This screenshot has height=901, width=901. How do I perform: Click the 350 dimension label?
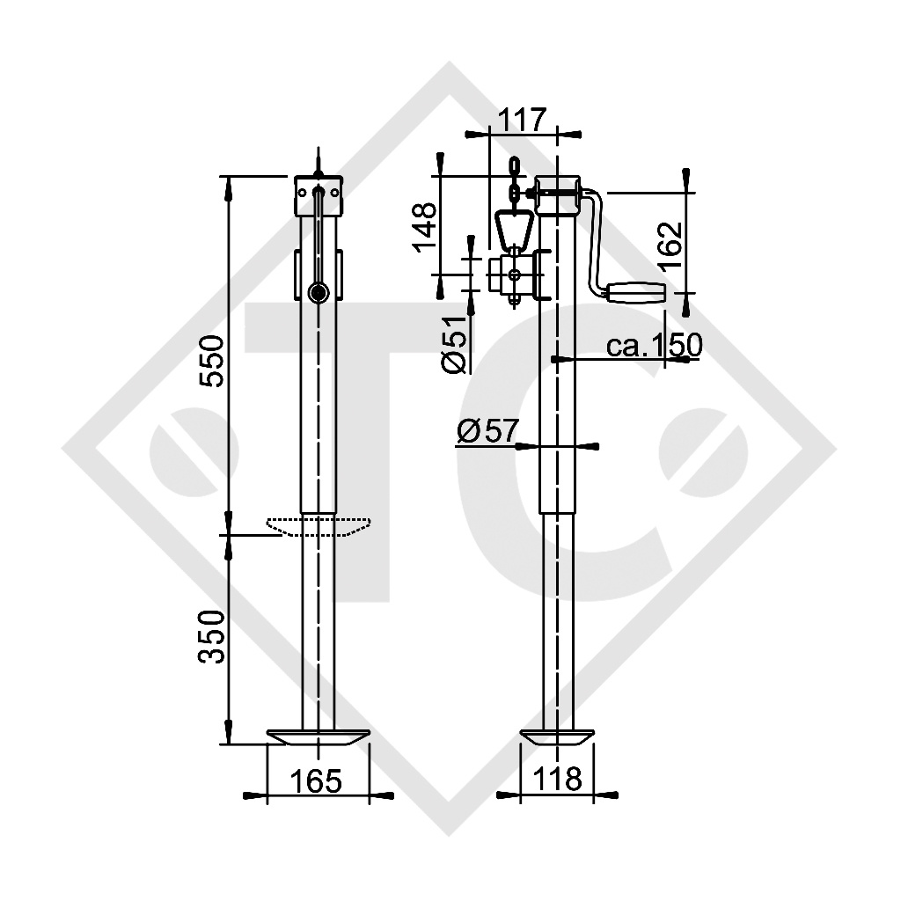point(212,635)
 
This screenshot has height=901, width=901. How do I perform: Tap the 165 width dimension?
point(316,779)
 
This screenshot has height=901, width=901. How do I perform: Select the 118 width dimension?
point(557,779)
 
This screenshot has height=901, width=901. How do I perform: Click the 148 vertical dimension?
point(425,227)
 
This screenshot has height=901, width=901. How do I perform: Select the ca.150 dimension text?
point(654,345)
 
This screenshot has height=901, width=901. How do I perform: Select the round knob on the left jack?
point(319,292)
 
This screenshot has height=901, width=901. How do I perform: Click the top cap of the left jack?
point(319,196)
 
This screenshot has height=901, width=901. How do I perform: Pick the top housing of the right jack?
point(557,196)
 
